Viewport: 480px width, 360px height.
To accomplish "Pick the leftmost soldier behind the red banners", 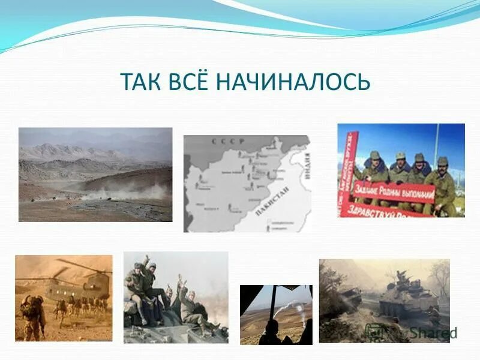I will click(x=374, y=168).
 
